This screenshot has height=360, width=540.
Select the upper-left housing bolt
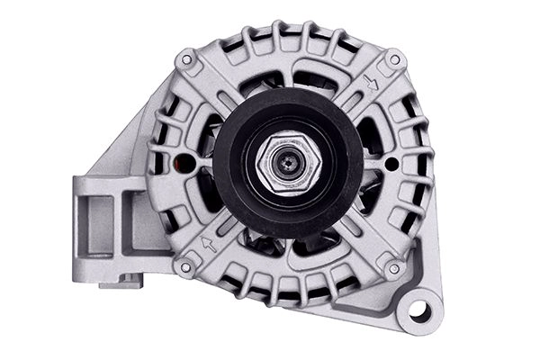[x=185, y=60]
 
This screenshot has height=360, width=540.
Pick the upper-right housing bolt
[x=393, y=61]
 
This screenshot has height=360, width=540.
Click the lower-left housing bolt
[x=185, y=267]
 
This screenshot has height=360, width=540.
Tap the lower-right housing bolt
[x=393, y=268]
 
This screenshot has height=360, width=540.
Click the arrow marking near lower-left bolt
[x=209, y=244]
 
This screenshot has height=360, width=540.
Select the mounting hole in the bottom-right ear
[x=419, y=310]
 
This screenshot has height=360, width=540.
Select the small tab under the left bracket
[x=121, y=283]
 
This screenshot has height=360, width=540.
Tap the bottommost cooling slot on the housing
[x=288, y=292]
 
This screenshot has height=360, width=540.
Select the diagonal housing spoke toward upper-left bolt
[x=216, y=90]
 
